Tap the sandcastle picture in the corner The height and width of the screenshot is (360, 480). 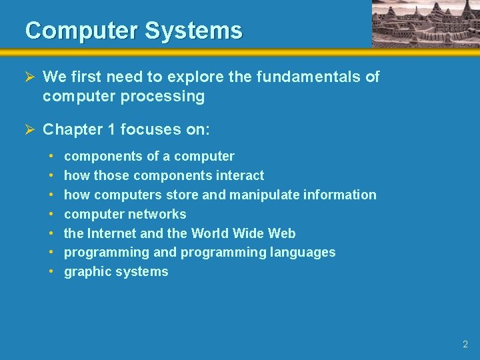425,24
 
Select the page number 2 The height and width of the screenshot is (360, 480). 465,345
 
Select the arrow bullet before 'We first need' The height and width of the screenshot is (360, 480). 31,77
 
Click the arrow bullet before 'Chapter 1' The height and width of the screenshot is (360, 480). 31,129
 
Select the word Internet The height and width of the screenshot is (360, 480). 111,233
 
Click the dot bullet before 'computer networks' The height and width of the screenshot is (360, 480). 51,214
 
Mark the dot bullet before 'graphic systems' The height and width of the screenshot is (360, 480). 51,271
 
